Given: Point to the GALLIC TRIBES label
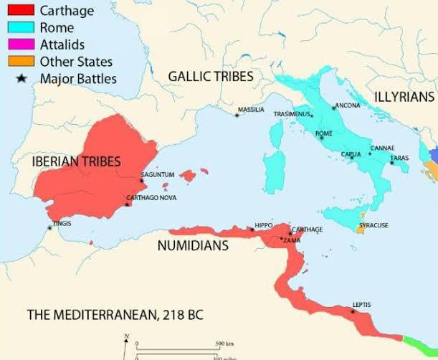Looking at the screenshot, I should [x=210, y=76].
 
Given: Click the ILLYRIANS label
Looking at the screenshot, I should [x=404, y=97].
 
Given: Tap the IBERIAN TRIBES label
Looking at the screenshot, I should [x=76, y=162].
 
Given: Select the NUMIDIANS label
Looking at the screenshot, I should [x=193, y=245].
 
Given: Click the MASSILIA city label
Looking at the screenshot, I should [x=251, y=110].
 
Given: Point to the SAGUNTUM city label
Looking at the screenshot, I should [x=157, y=175].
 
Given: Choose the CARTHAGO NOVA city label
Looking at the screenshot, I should [x=151, y=198].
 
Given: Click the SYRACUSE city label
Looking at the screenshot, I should [x=373, y=225].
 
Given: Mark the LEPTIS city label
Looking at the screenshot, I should [x=361, y=305].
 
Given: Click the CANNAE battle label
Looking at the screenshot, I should [x=381, y=148].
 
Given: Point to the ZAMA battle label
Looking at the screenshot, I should [x=293, y=240].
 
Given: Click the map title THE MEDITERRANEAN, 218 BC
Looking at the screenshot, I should [x=104, y=315].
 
